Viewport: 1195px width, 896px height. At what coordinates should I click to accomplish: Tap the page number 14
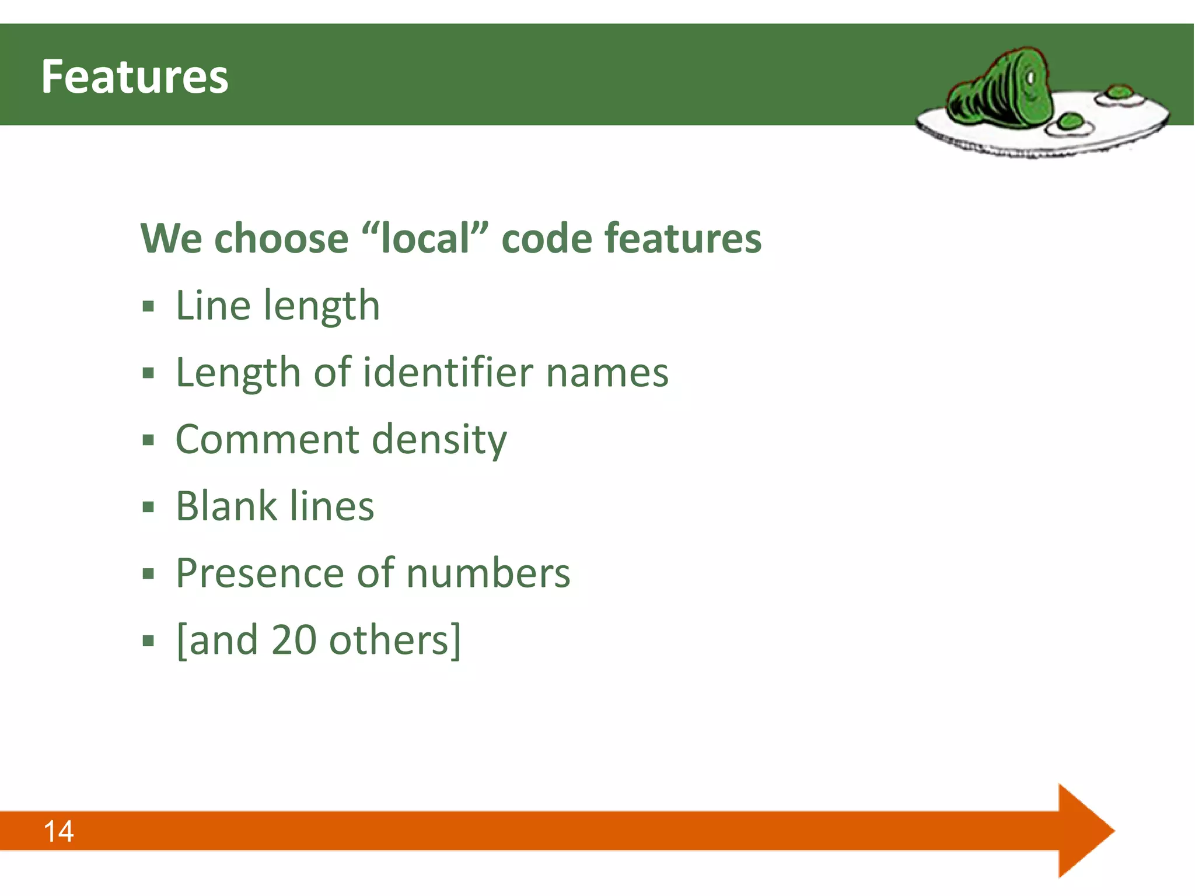(x=58, y=831)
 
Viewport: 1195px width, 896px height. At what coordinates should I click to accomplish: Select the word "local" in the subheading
(x=425, y=238)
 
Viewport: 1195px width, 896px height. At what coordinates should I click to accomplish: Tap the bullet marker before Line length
(x=148, y=306)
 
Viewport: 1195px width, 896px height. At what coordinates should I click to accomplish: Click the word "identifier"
(x=448, y=372)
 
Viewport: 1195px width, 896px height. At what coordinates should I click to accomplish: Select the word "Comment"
(x=267, y=439)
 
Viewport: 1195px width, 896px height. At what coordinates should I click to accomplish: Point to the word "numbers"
(x=488, y=573)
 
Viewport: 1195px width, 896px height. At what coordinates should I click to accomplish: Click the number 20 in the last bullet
(x=294, y=640)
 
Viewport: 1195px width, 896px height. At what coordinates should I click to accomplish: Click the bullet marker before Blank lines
(x=148, y=507)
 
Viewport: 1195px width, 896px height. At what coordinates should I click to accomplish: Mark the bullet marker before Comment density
(x=148, y=440)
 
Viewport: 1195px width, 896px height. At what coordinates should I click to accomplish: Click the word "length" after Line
(x=322, y=306)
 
